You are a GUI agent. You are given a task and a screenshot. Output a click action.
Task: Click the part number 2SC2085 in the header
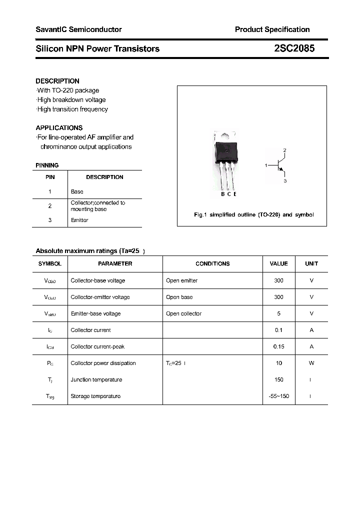tap(294, 48)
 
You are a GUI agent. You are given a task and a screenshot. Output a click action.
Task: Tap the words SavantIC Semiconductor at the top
tap(78, 29)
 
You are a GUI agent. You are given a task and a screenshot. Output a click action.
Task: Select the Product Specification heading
tap(272, 29)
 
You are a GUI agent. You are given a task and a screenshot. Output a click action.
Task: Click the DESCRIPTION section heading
tap(57, 81)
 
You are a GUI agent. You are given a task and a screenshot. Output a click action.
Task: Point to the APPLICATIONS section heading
tap(59, 127)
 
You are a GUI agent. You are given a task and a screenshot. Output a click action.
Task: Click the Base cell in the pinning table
tap(77, 191)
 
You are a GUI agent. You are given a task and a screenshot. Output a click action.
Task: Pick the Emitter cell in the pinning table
tap(79, 220)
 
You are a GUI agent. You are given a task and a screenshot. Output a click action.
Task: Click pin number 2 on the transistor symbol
tap(284, 150)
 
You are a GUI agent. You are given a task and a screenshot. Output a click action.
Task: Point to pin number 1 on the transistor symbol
tap(266, 164)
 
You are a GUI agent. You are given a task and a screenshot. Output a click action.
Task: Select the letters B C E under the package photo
tap(228, 194)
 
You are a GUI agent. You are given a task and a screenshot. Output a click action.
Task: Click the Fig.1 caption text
tap(253, 214)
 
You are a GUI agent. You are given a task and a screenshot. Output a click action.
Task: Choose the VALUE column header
tap(278, 263)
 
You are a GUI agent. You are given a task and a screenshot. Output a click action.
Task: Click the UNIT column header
tap(311, 263)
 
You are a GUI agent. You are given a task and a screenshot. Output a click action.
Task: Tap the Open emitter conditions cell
tap(181, 280)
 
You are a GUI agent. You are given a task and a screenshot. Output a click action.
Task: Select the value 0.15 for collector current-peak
tap(278, 346)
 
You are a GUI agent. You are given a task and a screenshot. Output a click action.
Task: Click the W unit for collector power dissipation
tap(311, 363)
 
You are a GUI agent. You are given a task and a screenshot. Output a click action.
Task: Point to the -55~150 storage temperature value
tap(278, 396)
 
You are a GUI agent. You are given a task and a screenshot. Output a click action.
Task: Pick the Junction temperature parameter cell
tap(96, 379)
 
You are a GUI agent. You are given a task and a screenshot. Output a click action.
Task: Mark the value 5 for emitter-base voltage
tap(278, 313)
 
